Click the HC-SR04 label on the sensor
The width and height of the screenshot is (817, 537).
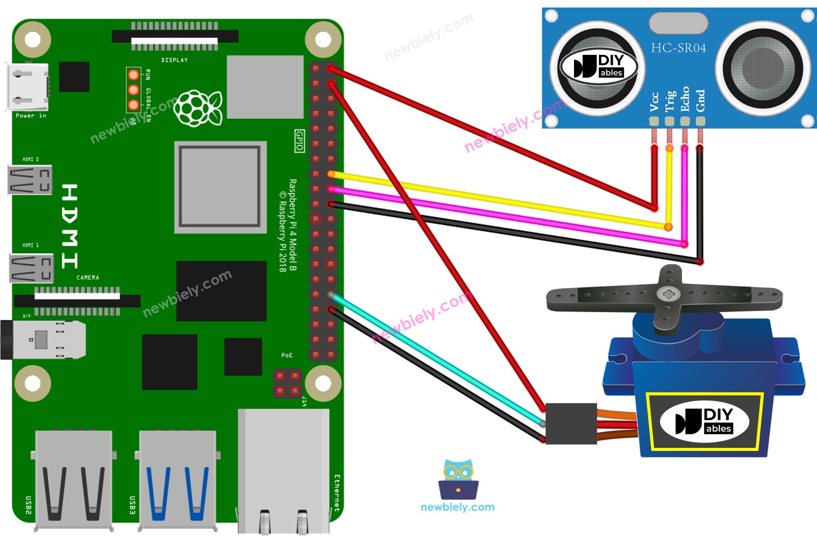[x=678, y=48]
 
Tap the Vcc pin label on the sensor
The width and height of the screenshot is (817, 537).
[x=654, y=102]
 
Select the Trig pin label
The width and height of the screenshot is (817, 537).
[x=670, y=101]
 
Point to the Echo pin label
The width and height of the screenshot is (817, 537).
[x=685, y=99]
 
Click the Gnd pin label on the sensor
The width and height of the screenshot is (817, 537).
[x=701, y=101]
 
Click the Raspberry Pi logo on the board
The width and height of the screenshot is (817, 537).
[x=198, y=108]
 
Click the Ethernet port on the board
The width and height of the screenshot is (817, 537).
[x=283, y=472]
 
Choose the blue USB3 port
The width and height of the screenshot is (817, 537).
[x=177, y=481]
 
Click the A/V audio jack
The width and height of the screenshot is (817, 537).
[x=43, y=340]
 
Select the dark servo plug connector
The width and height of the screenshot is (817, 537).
[x=571, y=423]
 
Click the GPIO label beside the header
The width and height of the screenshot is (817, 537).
[x=300, y=141]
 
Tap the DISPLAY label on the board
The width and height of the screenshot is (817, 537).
[x=175, y=60]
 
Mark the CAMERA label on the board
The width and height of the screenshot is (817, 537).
[x=88, y=278]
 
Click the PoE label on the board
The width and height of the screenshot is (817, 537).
[x=287, y=355]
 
